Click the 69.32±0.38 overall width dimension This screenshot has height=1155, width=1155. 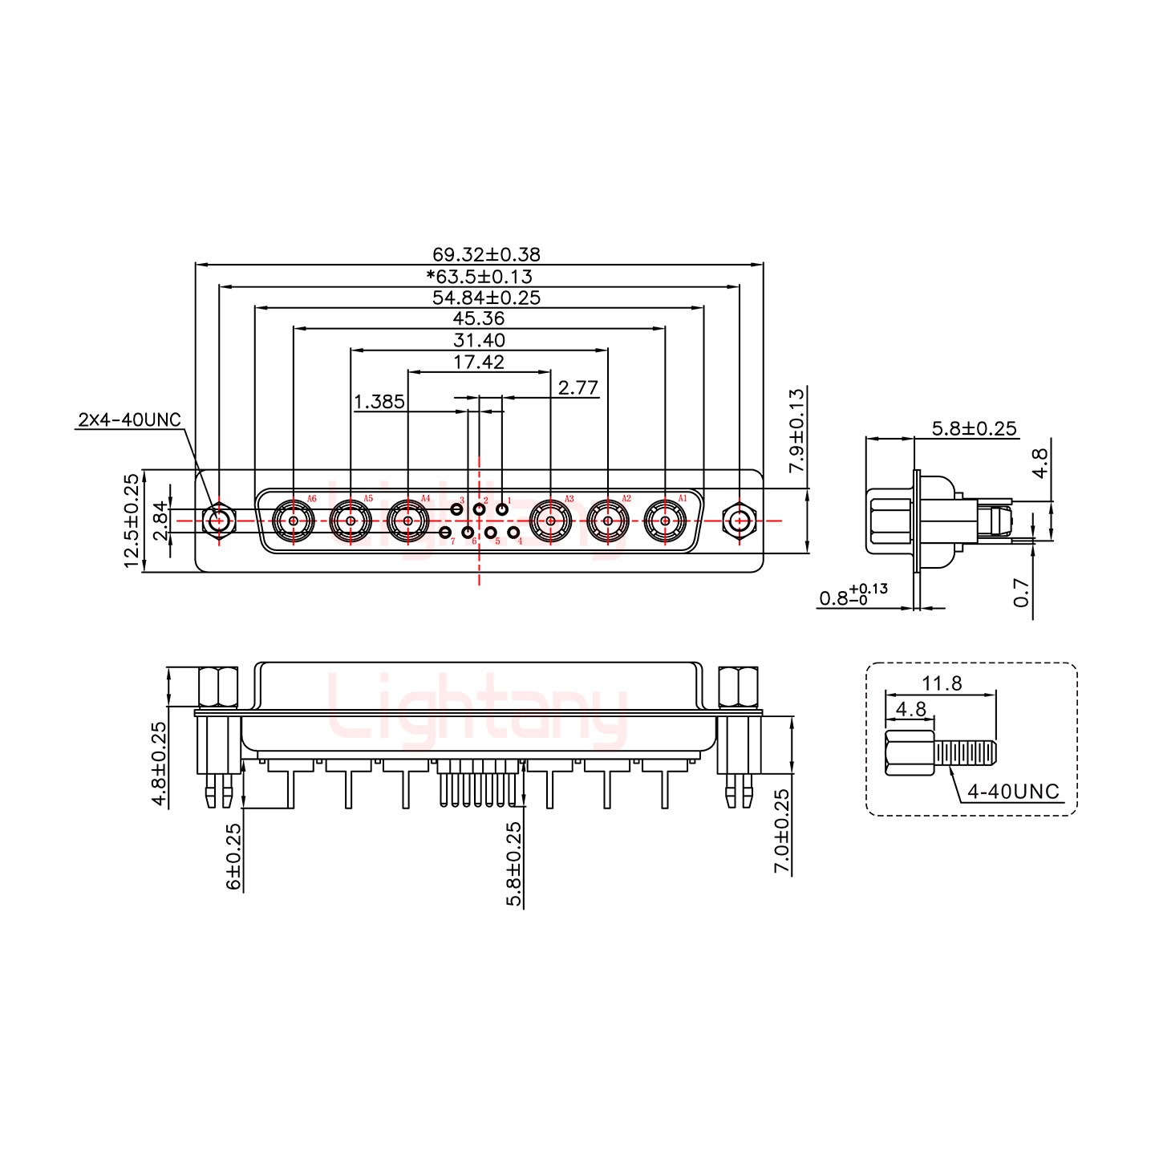tap(486, 255)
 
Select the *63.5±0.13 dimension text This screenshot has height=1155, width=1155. tap(480, 277)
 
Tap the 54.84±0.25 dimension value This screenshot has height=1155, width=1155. tap(486, 298)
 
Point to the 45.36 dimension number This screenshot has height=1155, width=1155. tap(478, 318)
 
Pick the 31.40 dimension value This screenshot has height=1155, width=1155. tap(479, 340)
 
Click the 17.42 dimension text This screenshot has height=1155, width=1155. tap(479, 362)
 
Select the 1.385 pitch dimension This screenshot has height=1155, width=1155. tap(379, 401)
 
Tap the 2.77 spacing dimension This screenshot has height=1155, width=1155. tap(578, 388)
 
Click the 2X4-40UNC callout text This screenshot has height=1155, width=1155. tap(130, 419)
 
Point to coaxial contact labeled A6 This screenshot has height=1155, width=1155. tap(294, 521)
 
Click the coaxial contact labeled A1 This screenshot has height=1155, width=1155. tap(665, 521)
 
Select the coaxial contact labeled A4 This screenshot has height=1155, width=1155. tap(408, 521)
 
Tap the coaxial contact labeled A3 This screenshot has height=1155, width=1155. tap(551, 521)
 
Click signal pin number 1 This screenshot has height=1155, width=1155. tap(502, 509)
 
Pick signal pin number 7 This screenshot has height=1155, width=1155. tap(445, 533)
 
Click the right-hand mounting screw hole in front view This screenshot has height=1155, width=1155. tap(738, 521)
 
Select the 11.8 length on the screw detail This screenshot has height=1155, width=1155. tap(942, 683)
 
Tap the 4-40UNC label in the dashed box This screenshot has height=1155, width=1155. tap(1013, 792)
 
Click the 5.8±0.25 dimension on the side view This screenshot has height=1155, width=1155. tap(974, 429)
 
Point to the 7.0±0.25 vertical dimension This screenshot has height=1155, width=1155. tap(782, 831)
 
